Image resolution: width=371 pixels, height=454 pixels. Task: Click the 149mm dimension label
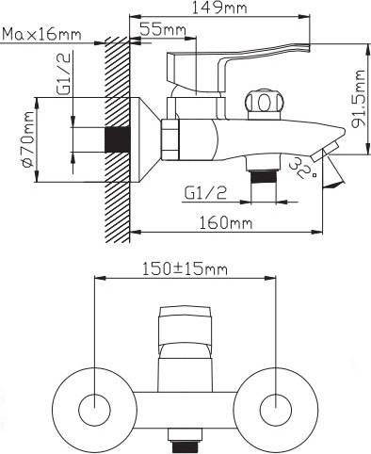coord(219,8)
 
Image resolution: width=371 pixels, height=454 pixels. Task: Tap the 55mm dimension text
coord(163,29)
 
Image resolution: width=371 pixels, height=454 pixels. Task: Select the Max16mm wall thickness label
coord(41,34)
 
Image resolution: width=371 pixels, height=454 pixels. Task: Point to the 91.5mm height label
coord(358,99)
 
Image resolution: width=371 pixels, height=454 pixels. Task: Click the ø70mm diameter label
coord(27,139)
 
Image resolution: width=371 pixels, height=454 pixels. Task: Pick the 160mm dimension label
coord(226,223)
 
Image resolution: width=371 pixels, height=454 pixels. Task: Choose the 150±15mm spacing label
coord(185,269)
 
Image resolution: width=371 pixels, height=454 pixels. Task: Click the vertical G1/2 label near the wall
coord(63,74)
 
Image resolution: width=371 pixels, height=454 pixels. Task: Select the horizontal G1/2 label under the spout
coord(205,193)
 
